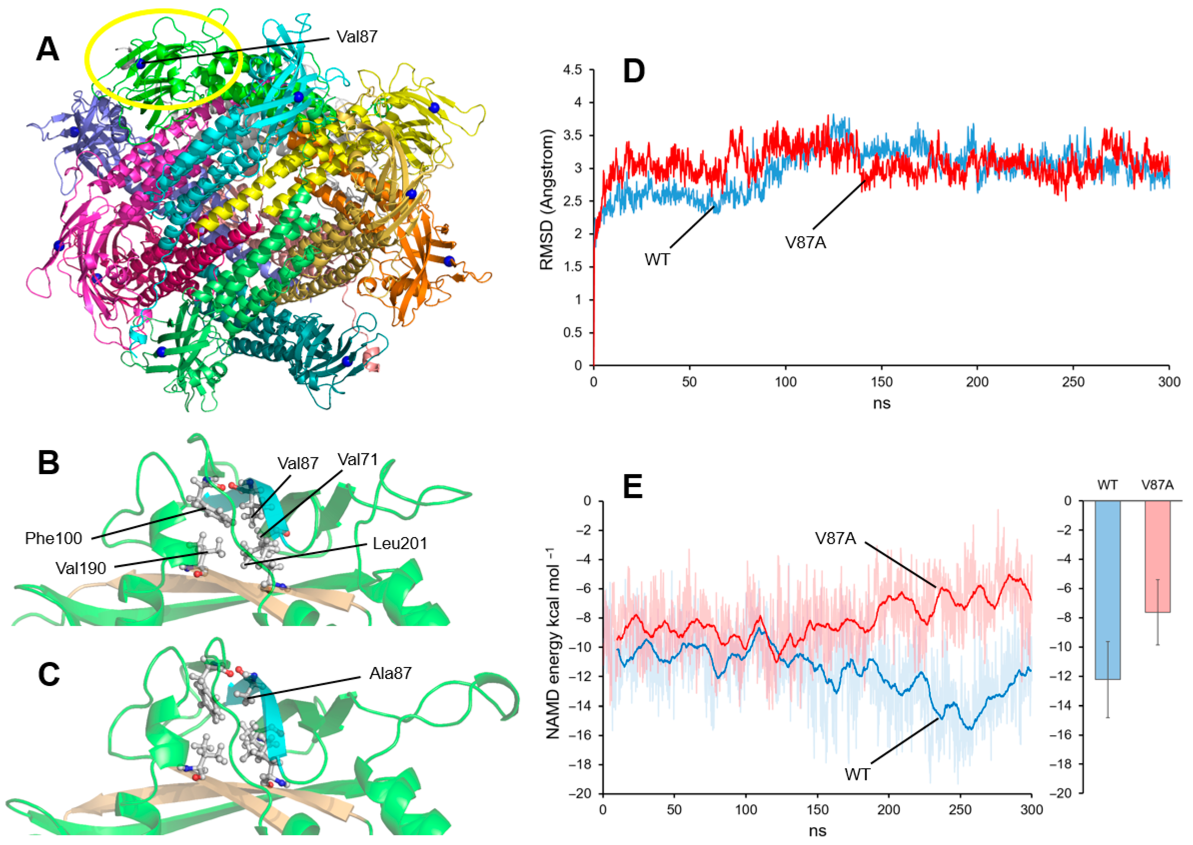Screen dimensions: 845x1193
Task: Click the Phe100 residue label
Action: (x=54, y=538)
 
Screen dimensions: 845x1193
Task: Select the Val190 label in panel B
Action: (x=81, y=567)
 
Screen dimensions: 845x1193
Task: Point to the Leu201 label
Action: (x=400, y=544)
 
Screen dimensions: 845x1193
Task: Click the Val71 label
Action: (x=358, y=460)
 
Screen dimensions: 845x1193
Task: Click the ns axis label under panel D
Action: (x=881, y=403)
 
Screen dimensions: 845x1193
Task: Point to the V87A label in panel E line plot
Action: (x=835, y=538)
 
